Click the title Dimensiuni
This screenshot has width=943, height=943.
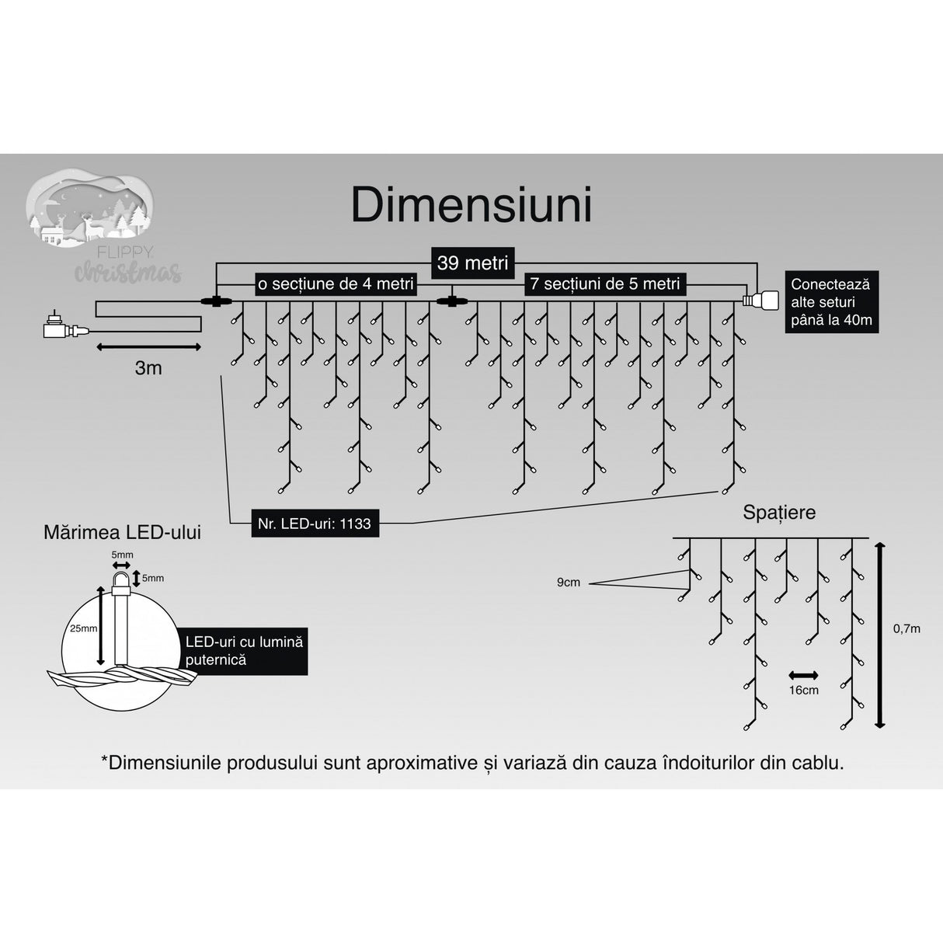click(x=471, y=205)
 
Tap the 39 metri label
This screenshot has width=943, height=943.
click(x=471, y=263)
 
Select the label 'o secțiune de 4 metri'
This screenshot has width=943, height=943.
click(x=335, y=284)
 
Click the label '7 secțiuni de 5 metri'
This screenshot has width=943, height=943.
click(x=605, y=284)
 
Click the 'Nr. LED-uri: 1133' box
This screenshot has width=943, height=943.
click(x=314, y=524)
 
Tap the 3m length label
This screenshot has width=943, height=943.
click(x=148, y=368)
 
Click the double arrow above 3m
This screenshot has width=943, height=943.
click(x=148, y=346)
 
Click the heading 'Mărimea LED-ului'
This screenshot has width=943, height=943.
click(x=122, y=532)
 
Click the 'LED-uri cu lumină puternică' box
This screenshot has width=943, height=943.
click(x=243, y=651)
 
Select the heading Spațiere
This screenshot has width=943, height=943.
click(x=779, y=512)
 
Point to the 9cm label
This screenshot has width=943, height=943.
click(x=568, y=582)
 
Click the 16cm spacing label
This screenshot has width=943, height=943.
click(x=803, y=690)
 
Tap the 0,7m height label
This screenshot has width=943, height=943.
click(x=906, y=628)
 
